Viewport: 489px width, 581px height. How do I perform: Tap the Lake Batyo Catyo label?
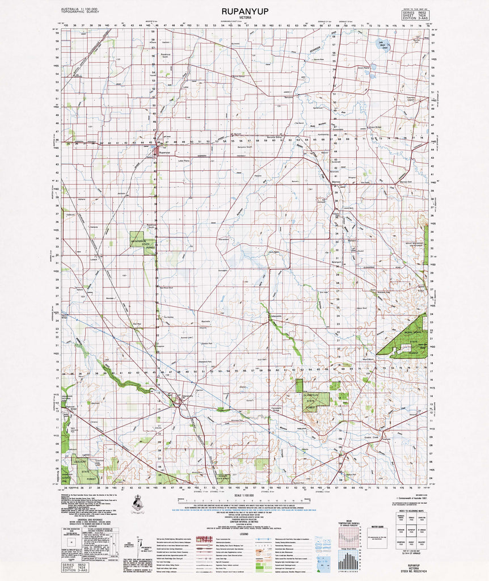pos(384,45)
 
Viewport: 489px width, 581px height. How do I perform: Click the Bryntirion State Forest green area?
pos(138,242)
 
